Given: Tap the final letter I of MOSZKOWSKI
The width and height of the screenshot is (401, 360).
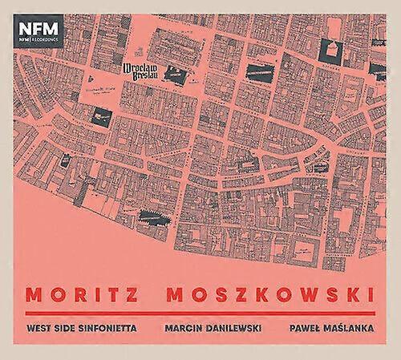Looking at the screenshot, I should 371,292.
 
